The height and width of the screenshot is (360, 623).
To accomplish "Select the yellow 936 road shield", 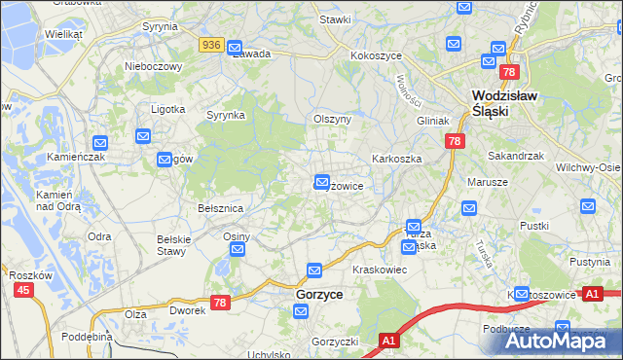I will (x=212, y=45).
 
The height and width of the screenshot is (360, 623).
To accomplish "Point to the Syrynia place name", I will (x=160, y=27).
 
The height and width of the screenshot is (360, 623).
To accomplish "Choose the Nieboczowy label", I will (x=154, y=66).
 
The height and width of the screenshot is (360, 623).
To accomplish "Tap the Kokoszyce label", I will (x=377, y=56).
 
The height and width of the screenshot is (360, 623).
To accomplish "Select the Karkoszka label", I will (x=394, y=158).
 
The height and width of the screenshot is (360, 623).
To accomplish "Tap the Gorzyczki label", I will (x=336, y=342).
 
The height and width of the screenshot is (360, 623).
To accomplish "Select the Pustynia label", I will (x=589, y=262).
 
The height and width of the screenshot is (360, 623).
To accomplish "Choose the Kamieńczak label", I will (x=72, y=156).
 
